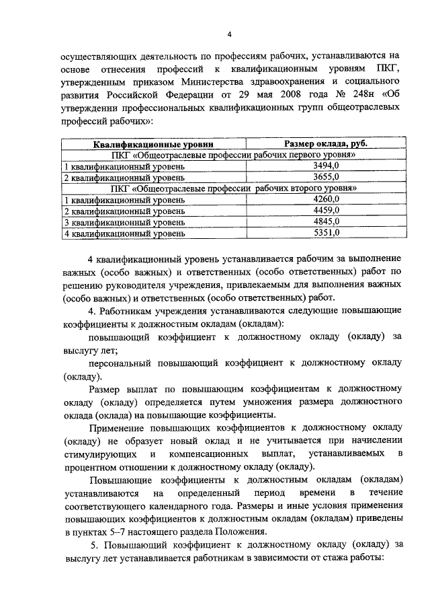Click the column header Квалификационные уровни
pos(153,144)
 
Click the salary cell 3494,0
pos(326,166)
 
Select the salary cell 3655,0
pos(326,177)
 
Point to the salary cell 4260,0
pos(326,199)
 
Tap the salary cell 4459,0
pos(326,211)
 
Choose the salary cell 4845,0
pos(326,221)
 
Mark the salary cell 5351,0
pos(326,233)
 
